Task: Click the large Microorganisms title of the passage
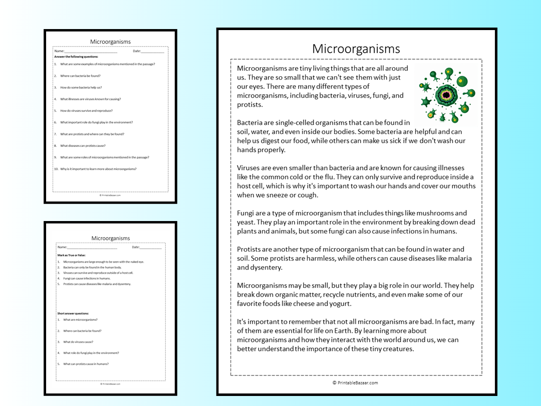[356, 49]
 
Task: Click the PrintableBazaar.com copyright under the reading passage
[355, 383]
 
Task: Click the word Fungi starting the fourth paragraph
[246, 213]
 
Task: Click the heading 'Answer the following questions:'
[76, 57]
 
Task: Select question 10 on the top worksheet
[95, 169]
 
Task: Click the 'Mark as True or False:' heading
[72, 255]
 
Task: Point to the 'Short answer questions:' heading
[73, 313]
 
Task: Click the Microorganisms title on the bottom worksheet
[110, 238]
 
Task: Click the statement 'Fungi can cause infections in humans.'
[86, 278]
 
